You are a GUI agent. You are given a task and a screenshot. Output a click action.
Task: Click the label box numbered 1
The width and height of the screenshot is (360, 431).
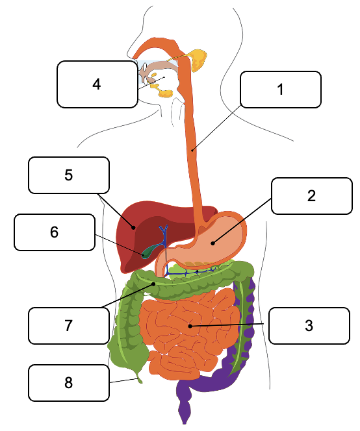click(x=281, y=90)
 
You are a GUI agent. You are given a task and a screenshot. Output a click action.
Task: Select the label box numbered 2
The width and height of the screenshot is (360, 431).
click(x=311, y=196)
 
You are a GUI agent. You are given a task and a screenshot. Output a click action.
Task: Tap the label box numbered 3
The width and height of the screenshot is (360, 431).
click(x=309, y=326)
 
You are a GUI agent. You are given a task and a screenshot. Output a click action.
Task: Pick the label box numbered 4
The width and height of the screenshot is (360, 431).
click(x=97, y=84)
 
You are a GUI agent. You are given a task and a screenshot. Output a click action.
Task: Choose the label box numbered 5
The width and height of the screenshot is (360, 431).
click(x=69, y=175)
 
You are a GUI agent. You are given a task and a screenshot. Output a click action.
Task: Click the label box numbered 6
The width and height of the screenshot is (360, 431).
click(x=55, y=232)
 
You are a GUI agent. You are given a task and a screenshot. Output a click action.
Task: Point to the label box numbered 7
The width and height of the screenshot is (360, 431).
click(x=69, y=326)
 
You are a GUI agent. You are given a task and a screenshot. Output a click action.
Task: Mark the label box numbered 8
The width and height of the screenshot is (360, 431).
click(x=69, y=383)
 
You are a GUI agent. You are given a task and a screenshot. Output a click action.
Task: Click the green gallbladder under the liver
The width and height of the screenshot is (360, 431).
click(x=150, y=251)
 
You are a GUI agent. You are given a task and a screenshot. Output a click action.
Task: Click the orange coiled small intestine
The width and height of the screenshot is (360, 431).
click(x=190, y=332)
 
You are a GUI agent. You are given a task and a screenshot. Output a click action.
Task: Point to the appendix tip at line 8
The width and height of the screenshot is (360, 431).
click(x=140, y=381)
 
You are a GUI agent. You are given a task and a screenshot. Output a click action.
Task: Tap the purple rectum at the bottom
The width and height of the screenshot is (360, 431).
click(x=185, y=407)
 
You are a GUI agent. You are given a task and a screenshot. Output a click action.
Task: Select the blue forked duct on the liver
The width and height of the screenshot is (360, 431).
click(x=164, y=236)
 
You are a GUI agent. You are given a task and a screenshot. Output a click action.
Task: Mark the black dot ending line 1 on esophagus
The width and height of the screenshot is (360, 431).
click(x=192, y=150)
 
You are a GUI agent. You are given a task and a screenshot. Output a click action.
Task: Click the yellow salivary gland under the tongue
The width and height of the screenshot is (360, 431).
click(x=165, y=93)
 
